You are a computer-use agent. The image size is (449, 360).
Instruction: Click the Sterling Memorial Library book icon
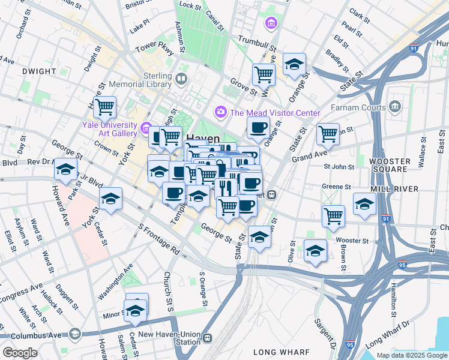[181, 79]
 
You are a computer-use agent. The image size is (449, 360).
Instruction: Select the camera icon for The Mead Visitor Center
[220, 112]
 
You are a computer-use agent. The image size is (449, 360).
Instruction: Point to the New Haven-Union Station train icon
[208, 338]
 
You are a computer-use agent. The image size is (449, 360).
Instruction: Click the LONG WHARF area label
[282, 352]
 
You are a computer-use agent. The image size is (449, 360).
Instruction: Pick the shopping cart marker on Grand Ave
[328, 133]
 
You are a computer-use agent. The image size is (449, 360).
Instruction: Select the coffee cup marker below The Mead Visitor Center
[258, 127]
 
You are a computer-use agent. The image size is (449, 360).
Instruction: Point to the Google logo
[20, 353]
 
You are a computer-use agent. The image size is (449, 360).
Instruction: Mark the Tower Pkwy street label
[154, 49]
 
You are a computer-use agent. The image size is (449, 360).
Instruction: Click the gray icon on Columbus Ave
[74, 333]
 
